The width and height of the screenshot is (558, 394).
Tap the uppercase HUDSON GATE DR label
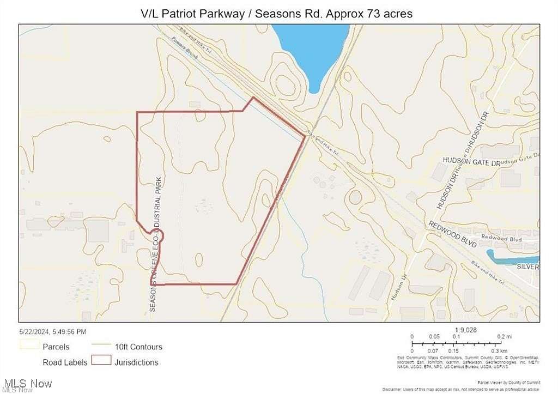[x=471, y=162]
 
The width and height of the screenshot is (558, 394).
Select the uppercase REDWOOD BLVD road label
[x=452, y=234]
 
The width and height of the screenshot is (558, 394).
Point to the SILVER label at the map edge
[x=527, y=267]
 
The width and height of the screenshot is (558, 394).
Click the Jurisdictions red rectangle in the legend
[x=101, y=361]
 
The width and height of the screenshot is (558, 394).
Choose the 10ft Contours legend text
[x=138, y=347]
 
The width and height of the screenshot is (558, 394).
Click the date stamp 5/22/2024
[x=52, y=331]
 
